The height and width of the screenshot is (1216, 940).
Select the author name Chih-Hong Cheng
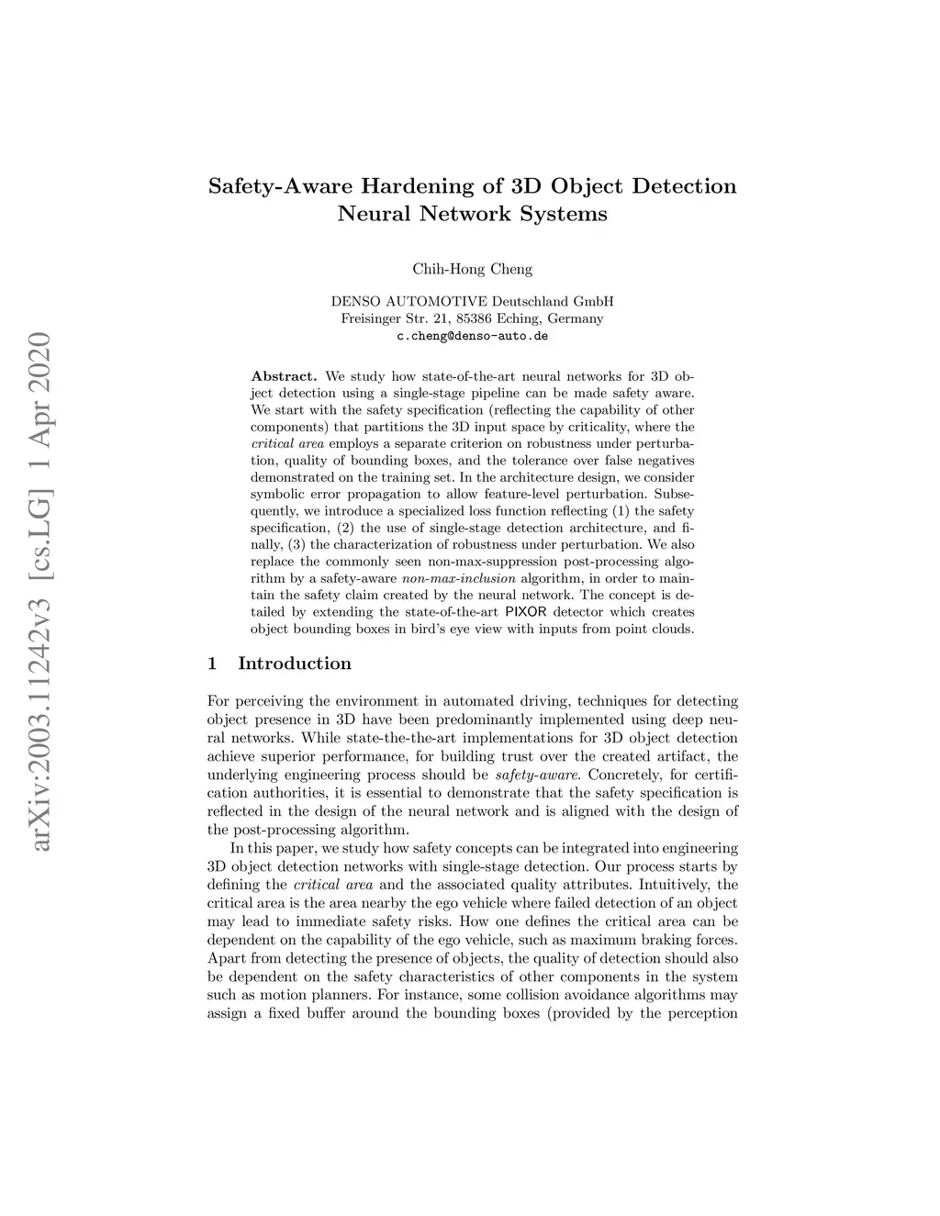tap(472, 269)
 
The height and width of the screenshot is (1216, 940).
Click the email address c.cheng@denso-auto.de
tap(472, 336)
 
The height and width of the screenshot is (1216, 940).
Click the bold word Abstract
tap(284, 376)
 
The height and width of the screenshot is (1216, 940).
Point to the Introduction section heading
tap(294, 664)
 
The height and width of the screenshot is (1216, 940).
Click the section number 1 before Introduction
tap(213, 664)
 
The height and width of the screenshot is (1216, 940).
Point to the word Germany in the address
tap(575, 318)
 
